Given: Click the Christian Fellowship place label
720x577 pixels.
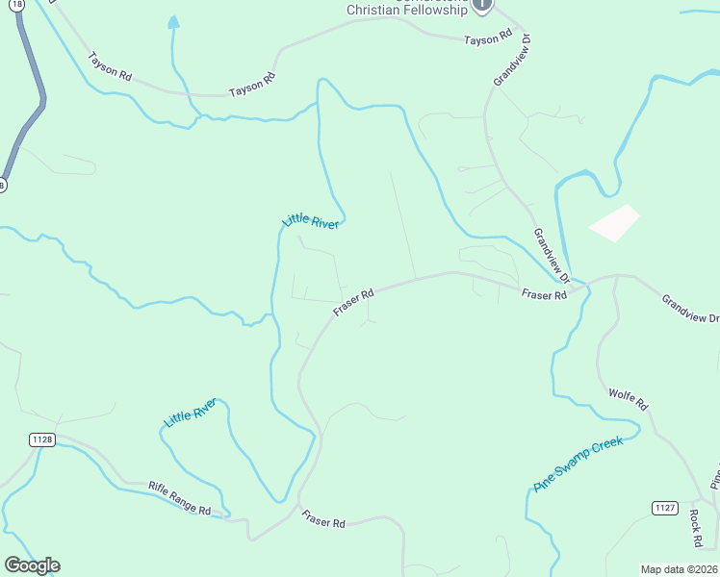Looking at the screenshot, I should [408, 11].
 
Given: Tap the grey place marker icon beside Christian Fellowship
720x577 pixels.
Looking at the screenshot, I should [483, 5].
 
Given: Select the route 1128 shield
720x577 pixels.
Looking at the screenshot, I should [42, 439].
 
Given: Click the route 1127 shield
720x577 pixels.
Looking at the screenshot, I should [665, 508].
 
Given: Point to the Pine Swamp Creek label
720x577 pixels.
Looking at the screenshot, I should [579, 464].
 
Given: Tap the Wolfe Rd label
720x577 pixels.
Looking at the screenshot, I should [630, 400].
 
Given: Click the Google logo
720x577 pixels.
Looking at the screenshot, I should [32, 565].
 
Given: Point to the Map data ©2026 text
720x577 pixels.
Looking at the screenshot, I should [679, 569].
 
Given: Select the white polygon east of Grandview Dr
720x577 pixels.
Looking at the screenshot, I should [614, 223].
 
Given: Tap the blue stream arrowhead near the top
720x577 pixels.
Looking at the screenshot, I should [173, 21].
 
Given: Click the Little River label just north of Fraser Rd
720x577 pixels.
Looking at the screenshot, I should [310, 220].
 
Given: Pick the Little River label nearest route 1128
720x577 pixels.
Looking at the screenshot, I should [191, 414].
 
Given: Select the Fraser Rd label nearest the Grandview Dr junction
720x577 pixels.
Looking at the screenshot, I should [544, 294].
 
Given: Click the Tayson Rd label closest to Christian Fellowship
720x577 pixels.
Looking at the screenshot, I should [487, 39].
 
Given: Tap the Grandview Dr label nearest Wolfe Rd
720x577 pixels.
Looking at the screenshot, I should [689, 309].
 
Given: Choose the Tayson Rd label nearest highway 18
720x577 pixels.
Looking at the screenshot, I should [110, 65].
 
